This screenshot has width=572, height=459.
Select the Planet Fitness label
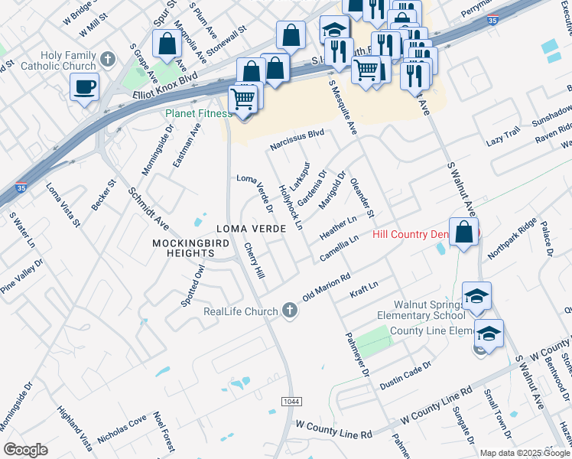click(198, 114)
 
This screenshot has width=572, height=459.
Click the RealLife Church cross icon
click(289, 310)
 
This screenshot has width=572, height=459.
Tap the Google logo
click(25, 450)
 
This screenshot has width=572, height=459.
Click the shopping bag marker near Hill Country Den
click(464, 231)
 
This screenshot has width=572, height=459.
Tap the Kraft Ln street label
click(363, 290)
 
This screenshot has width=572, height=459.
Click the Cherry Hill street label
click(254, 261)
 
